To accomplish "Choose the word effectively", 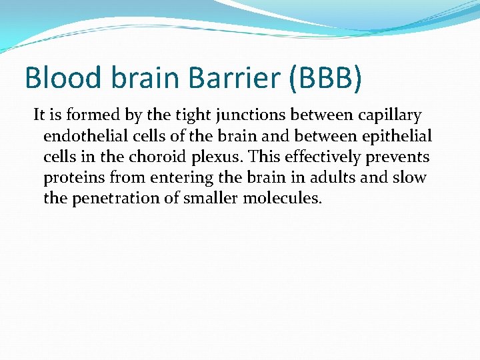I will tap(313, 157).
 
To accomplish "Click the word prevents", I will tap(401, 158).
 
